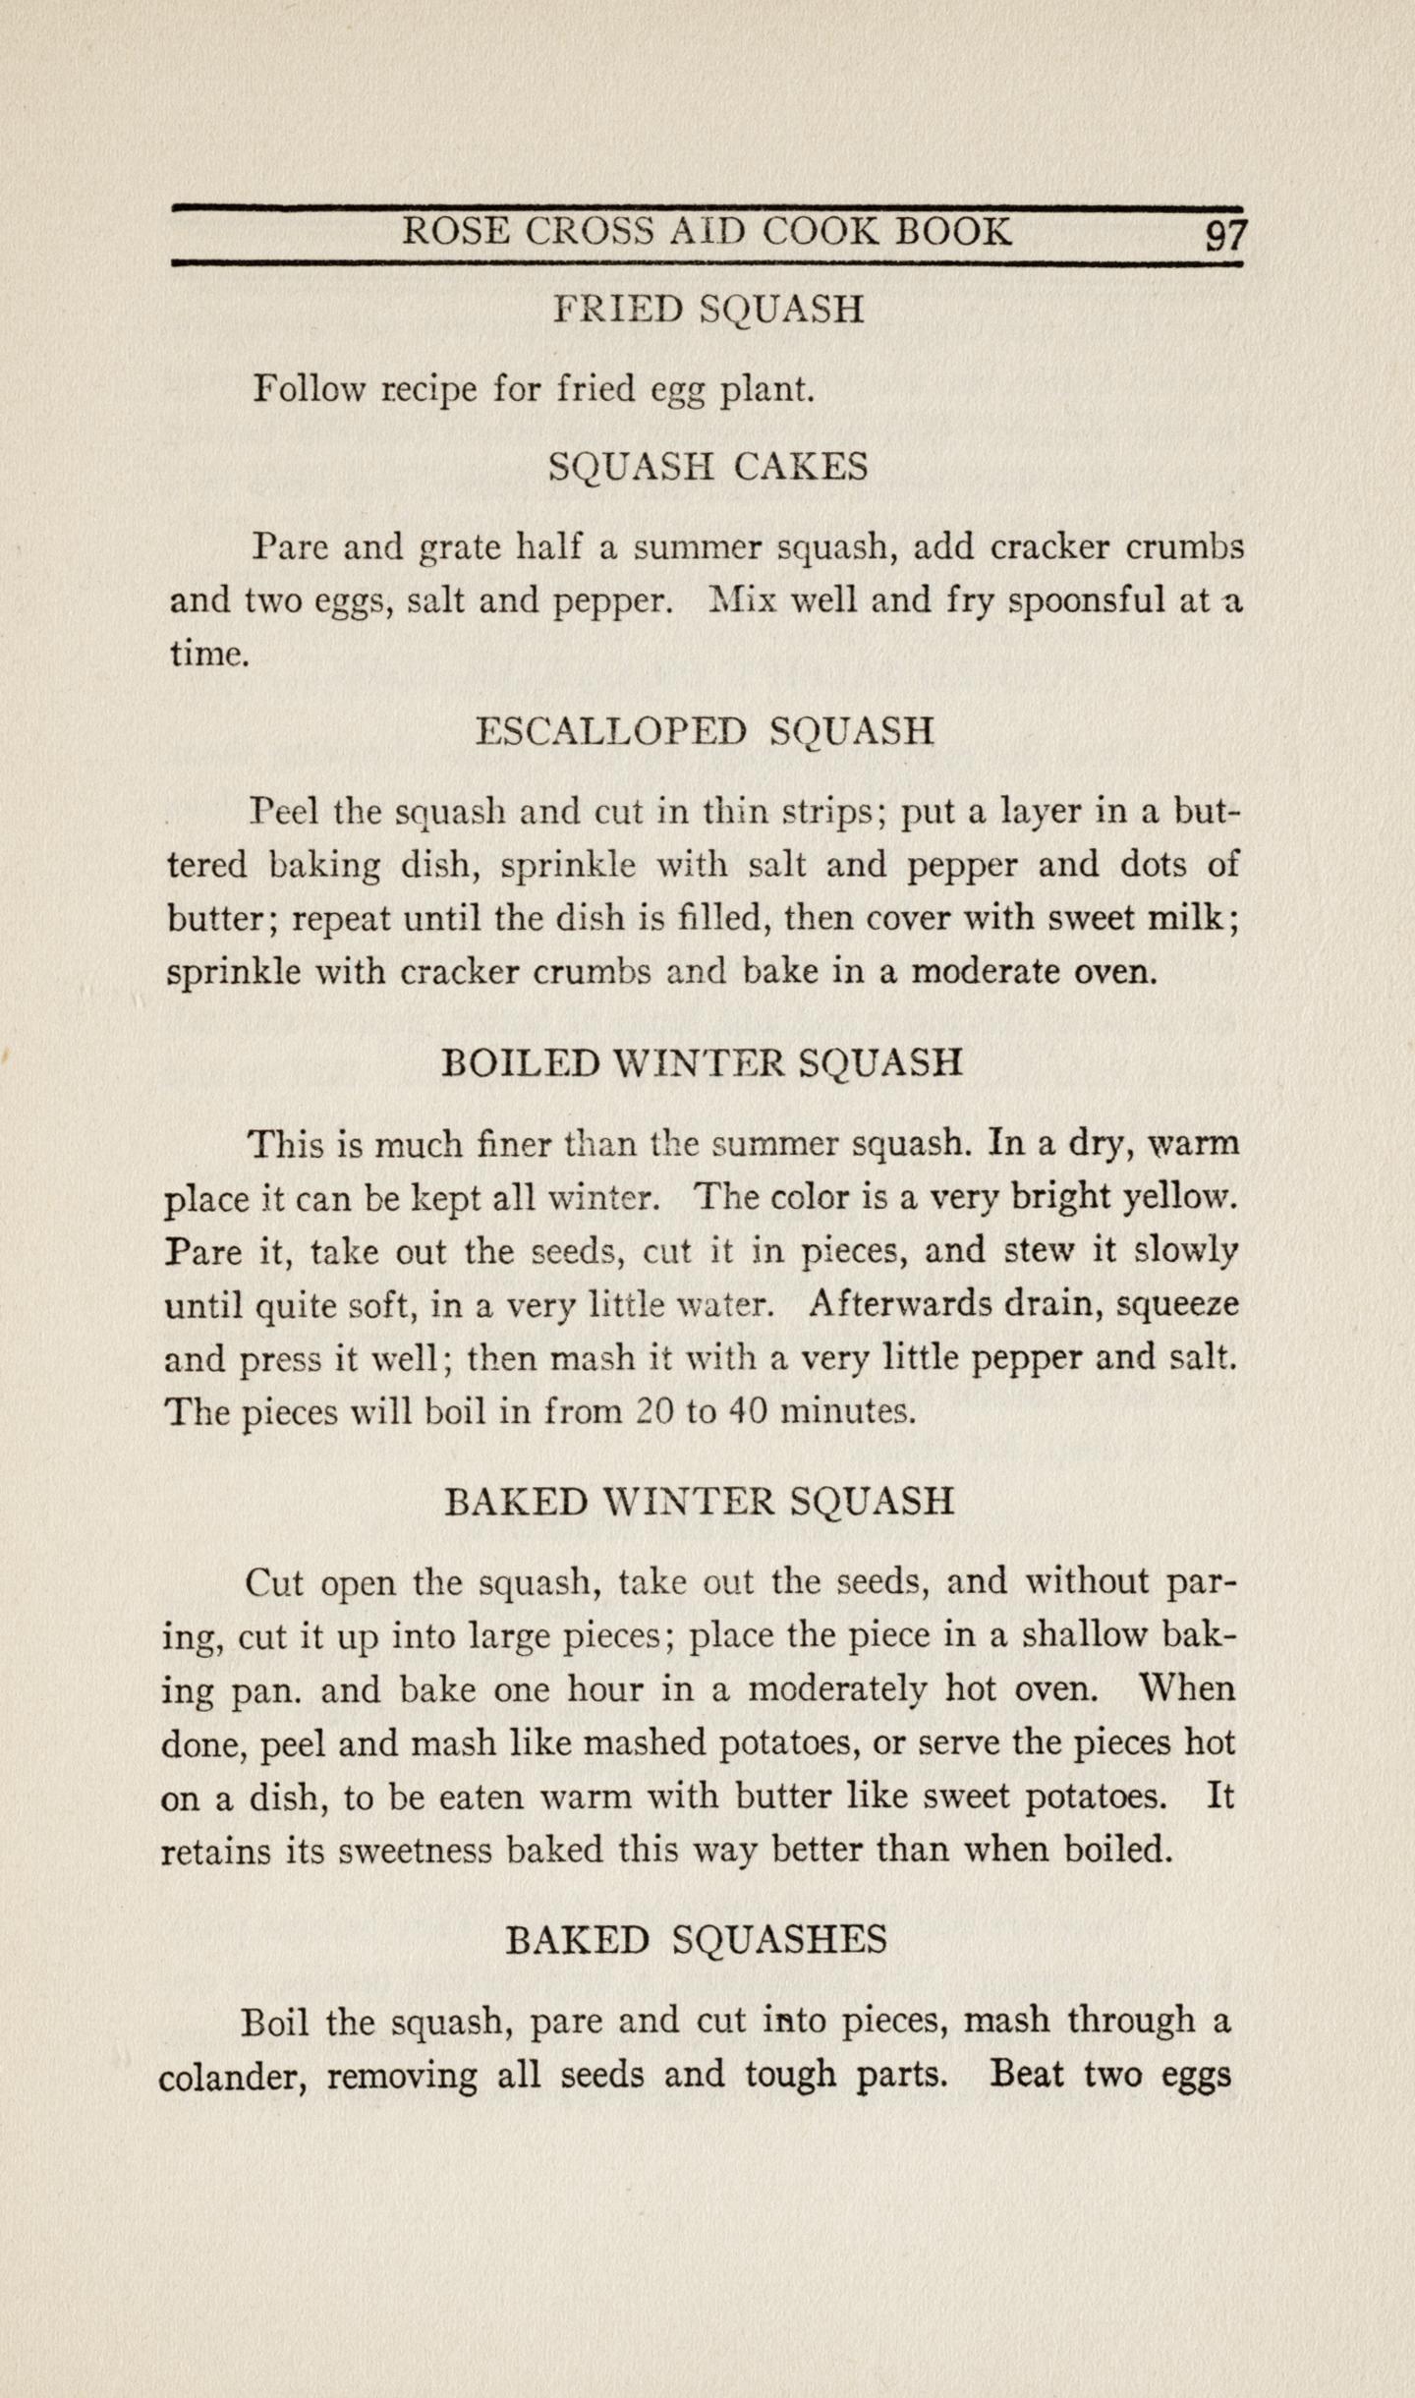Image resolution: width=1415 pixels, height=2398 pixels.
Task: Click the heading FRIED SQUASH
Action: pyautogui.click(x=708, y=310)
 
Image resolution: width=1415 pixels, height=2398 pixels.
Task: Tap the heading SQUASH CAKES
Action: pyautogui.click(x=708, y=466)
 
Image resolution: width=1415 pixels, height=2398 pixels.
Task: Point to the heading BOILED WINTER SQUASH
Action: pyautogui.click(x=703, y=1062)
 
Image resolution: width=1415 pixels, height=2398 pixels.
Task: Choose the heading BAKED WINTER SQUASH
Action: pyautogui.click(x=699, y=1502)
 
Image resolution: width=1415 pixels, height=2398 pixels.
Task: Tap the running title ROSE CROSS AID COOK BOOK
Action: pyautogui.click(x=707, y=232)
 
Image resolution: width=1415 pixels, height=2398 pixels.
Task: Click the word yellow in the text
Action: pyautogui.click(x=1179, y=1198)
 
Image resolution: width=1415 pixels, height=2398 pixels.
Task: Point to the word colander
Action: pyautogui.click(x=232, y=2076)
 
